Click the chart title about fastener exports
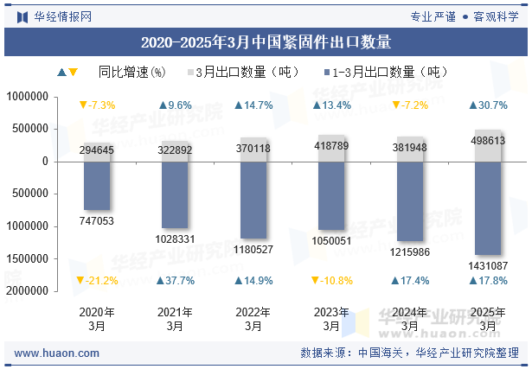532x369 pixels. tap(266, 41)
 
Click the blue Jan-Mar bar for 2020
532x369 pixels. tap(97, 185)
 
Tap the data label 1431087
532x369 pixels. tap(488, 265)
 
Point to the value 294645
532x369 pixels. tap(97, 150)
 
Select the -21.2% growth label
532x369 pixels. tap(97, 281)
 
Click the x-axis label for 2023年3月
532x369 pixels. tap(331, 319)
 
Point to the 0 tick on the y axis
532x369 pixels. tap(44, 162)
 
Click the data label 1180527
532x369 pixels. tap(253, 250)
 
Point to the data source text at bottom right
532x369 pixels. tap(409, 353)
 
